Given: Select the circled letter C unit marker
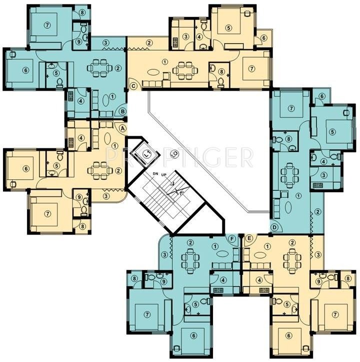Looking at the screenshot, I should click(x=133, y=86).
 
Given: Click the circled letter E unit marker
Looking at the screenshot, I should click(x=248, y=239).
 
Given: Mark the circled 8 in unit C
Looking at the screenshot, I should click(x=221, y=72).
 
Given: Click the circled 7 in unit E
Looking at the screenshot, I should click(x=335, y=314).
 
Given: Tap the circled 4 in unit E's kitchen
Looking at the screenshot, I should click(x=260, y=280).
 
